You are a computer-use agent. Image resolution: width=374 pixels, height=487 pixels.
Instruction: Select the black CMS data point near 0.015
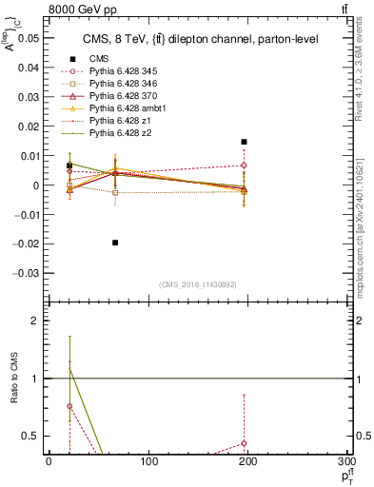tap(245, 142)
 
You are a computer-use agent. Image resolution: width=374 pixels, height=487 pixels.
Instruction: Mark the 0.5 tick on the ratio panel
tap(32, 436)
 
